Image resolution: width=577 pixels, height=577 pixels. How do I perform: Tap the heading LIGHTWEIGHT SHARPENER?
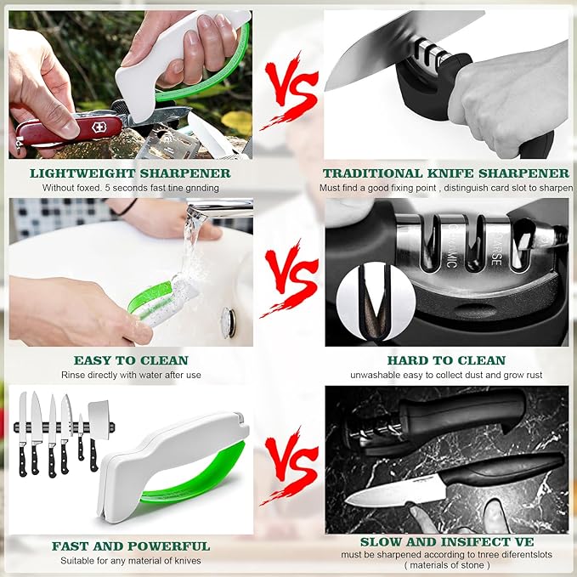pos(130,173)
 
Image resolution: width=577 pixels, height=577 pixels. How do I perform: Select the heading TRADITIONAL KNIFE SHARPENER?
pos(446,173)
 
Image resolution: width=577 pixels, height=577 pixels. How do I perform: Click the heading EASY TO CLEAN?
pos(131,360)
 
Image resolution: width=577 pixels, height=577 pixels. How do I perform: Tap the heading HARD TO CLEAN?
pos(446,360)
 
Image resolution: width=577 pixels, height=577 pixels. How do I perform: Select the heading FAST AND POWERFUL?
pos(131,546)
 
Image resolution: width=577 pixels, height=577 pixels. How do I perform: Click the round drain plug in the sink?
pos(229,323)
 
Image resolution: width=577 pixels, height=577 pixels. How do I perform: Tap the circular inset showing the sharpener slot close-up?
pos(376,302)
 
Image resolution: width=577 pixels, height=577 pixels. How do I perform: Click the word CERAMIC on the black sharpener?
pos(452,246)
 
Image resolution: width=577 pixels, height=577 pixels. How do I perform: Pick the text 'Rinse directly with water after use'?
pos(131,375)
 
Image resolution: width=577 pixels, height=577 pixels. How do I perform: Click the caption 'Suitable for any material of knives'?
pos(131,561)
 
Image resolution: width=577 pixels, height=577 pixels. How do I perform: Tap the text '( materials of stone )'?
pos(447,565)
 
